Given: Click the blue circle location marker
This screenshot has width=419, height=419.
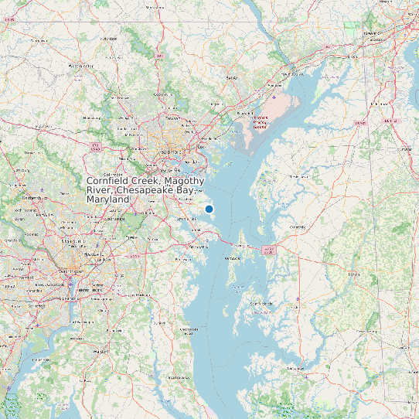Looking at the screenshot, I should pos(209,209).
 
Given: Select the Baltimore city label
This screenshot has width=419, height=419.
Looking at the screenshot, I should pos(172,152).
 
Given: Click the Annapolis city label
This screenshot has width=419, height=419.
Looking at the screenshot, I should pos(199,247).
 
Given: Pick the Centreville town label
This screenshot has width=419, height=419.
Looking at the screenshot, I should pos(297,227).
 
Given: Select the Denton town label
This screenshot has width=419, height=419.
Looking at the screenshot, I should pos(355,273).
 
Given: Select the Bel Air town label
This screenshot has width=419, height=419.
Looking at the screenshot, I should pos(230,78).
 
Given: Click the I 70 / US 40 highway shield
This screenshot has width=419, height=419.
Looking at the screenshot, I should pos(95,146).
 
